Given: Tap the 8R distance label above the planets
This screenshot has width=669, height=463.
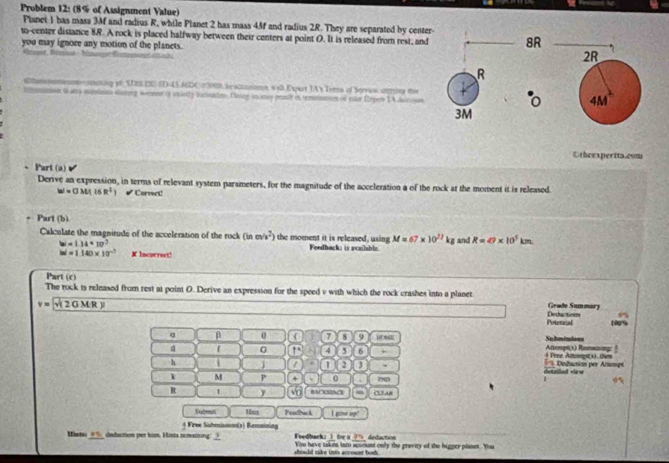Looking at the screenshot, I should coord(534,43).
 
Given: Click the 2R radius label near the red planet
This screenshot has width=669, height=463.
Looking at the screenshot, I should coord(591,57).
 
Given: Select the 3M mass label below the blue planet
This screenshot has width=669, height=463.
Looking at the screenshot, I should coord(464,115).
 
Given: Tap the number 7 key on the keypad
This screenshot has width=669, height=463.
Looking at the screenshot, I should coord(328,333).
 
